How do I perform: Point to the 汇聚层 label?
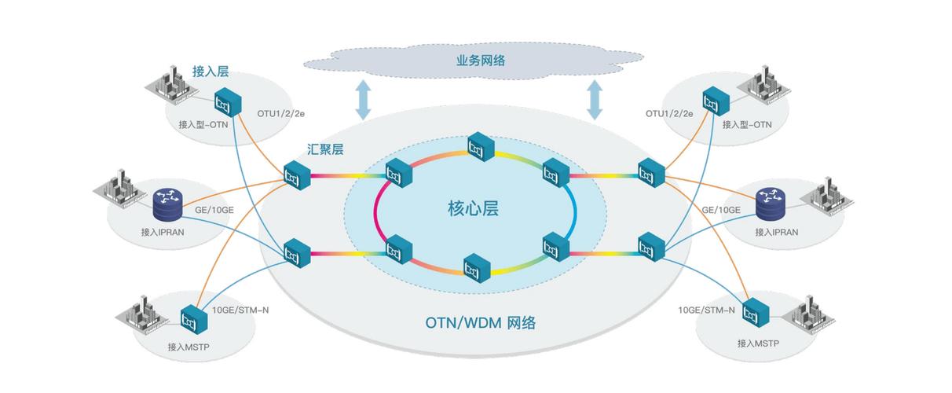(x=325, y=149)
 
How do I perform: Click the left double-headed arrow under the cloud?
(x=363, y=100)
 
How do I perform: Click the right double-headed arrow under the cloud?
(x=595, y=100)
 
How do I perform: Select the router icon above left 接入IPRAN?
(x=166, y=204)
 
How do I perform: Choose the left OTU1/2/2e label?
(x=280, y=113)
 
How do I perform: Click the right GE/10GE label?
(x=720, y=210)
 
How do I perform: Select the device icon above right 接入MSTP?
(x=756, y=312)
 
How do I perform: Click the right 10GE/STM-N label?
(x=706, y=310)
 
